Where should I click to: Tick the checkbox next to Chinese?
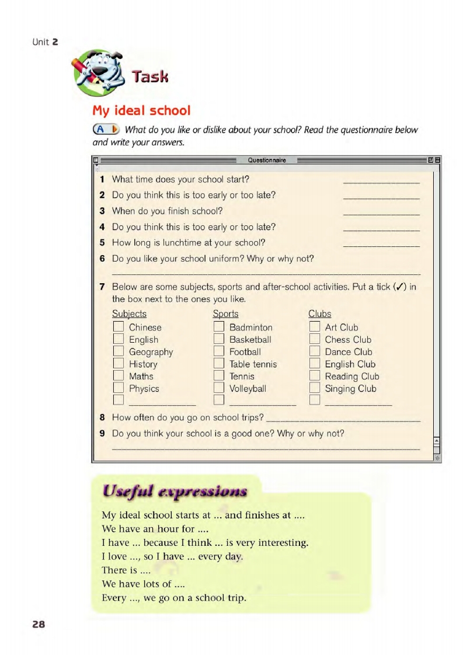point(119,327)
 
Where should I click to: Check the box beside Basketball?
point(219,339)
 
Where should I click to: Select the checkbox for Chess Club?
point(315,339)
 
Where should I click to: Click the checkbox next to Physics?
point(119,388)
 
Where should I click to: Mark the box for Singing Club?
point(315,388)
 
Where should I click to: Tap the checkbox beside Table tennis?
point(219,364)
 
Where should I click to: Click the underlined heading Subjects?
point(129,314)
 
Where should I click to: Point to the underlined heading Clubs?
point(319,314)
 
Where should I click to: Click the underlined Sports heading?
point(225,314)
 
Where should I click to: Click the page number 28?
point(38,624)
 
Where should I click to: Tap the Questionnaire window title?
point(267,160)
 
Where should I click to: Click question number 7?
point(102,287)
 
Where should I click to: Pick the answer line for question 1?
point(381,183)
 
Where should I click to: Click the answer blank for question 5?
point(381,246)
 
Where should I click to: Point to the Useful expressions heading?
point(175,491)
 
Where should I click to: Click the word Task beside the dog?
point(150,76)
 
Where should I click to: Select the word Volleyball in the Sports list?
point(248,389)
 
